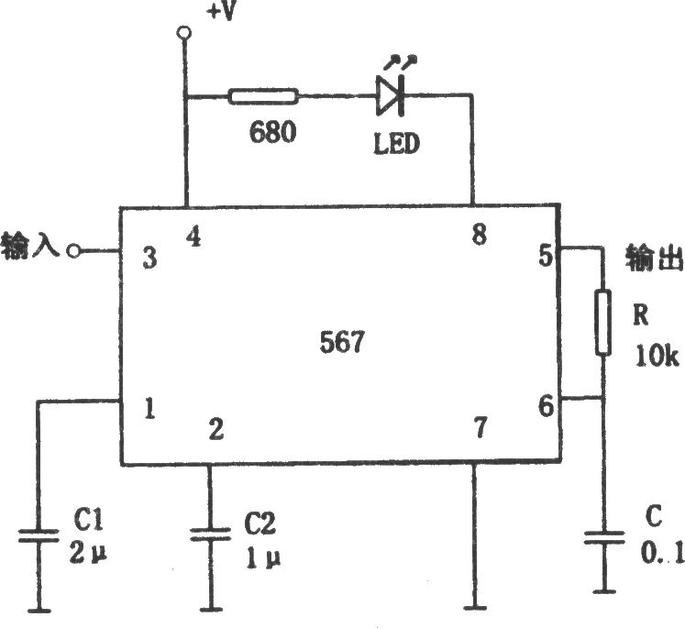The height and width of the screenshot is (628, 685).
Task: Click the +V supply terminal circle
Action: pos(184,33)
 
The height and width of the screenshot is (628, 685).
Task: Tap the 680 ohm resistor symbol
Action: pos(263,96)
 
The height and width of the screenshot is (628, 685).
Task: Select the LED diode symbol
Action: pos(391,95)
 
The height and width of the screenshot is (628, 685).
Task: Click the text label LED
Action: pos(396,144)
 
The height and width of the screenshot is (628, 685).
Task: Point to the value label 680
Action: pos(272,131)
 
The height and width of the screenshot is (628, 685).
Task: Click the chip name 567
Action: pos(342,342)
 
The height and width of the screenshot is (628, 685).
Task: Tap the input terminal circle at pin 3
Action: pos(74,251)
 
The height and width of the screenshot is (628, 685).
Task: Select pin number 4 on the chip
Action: pos(193,237)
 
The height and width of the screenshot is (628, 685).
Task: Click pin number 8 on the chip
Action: pos(480,234)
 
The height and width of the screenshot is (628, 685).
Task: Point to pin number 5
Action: pos(547,255)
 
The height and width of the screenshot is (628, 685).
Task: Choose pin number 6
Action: pos(547,406)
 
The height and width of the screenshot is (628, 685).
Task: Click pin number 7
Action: pos(481,427)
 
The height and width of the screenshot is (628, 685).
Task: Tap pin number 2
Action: pos(216,429)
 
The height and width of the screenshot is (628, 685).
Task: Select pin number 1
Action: pos(149,410)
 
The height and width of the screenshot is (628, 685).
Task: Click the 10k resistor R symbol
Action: pos(602,322)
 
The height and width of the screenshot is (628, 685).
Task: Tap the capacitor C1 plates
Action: pos(39,535)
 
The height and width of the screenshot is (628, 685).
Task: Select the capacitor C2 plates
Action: pos(210,535)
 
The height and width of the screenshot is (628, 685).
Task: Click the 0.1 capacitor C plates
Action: pos(604,537)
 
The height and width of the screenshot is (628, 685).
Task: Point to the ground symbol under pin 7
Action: pos(475,607)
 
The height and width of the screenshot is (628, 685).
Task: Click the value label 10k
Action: pos(657,356)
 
